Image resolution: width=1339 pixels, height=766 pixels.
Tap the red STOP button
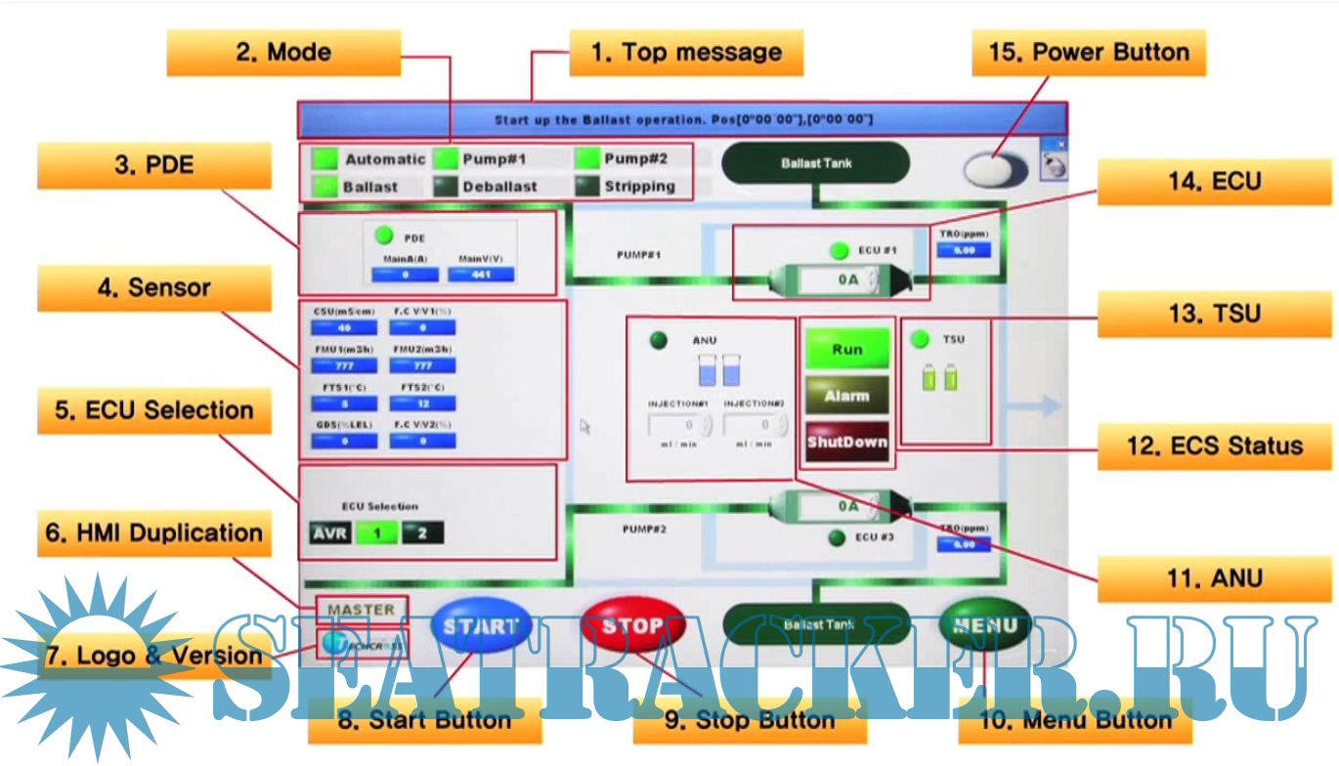632,626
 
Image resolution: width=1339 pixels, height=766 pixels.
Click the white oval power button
995,170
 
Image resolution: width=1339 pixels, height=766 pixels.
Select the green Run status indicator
847,349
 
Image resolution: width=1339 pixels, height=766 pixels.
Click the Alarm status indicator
847,396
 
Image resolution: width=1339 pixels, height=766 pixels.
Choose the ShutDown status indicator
847,442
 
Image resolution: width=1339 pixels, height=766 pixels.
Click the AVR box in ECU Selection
329,533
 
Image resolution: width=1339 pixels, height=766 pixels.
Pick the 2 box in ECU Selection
422,533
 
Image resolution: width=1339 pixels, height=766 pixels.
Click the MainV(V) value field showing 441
481,275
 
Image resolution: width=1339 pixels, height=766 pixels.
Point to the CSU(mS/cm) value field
344,328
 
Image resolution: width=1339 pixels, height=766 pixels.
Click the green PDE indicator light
384,235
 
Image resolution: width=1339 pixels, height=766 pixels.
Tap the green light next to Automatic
324,158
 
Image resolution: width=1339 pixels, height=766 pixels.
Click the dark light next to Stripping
586,186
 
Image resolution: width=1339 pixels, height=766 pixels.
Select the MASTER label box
361,610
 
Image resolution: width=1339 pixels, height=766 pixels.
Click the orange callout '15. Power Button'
1089,53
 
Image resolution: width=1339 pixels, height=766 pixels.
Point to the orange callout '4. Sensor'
154,288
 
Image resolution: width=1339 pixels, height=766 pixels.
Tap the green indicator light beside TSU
920,340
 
